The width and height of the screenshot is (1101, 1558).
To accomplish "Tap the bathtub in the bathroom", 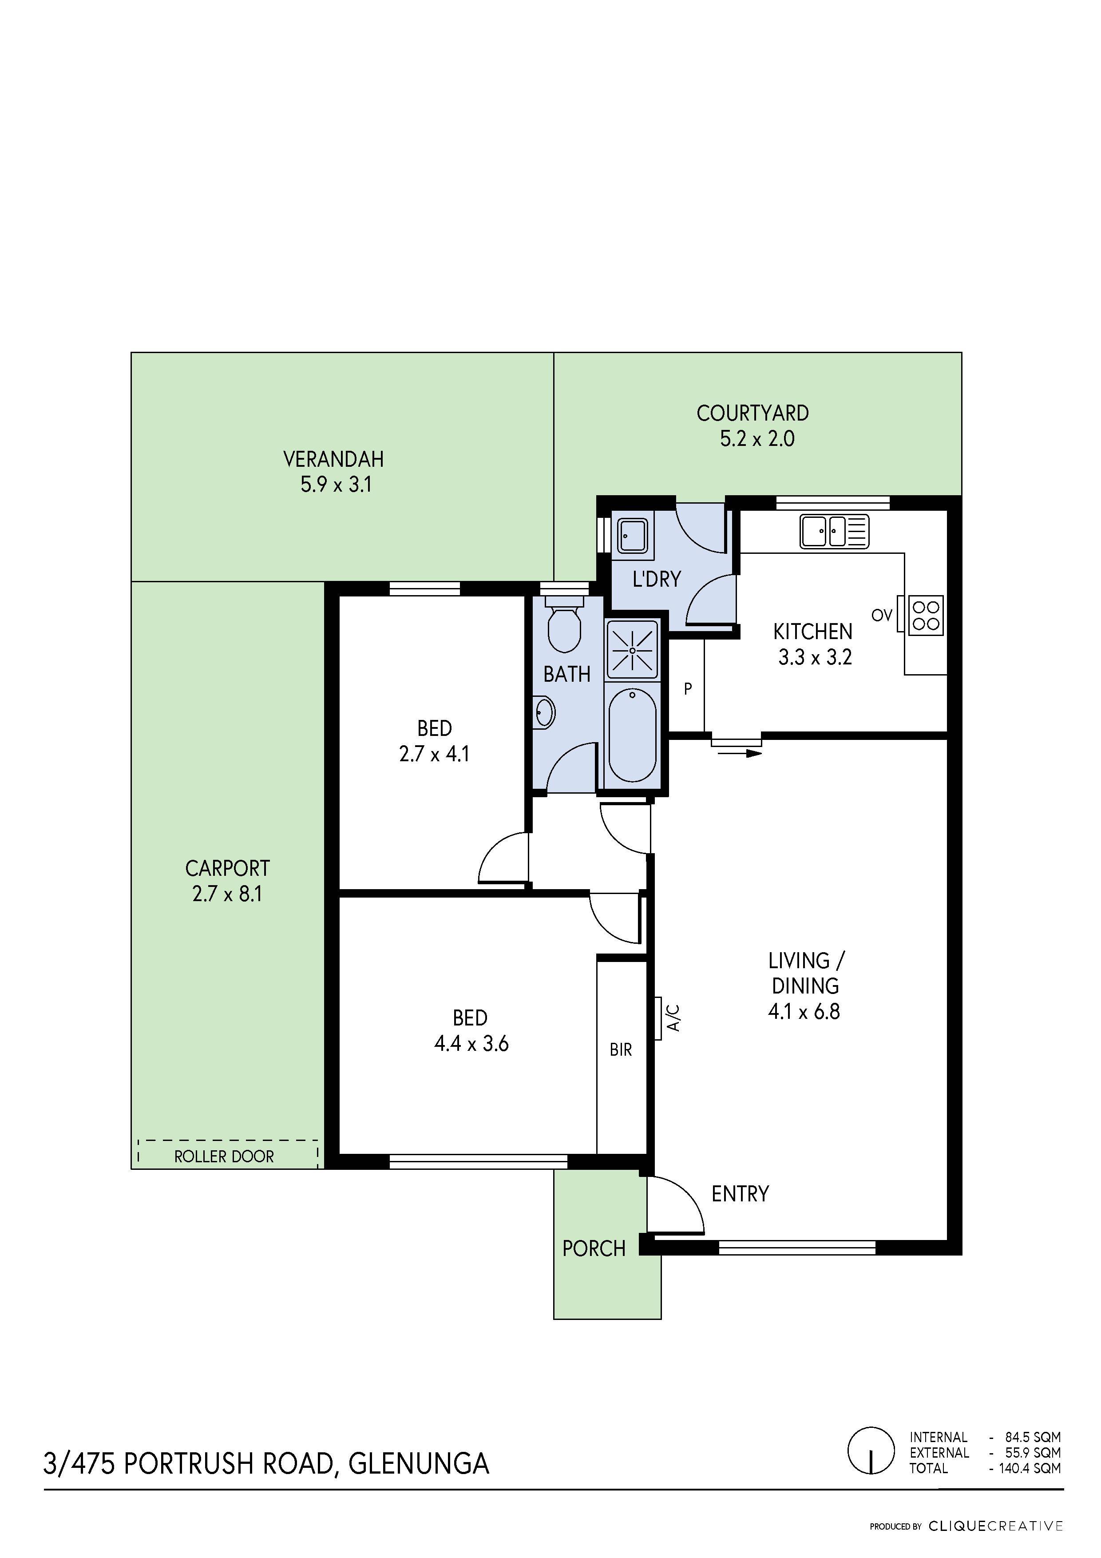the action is (x=632, y=735).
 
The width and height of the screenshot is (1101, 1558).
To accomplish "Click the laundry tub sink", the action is (x=632, y=535).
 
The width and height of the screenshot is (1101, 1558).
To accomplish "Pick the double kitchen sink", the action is (x=834, y=531).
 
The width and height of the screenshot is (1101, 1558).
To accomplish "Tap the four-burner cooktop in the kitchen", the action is (x=925, y=616).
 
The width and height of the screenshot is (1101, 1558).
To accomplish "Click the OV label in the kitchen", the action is (x=882, y=616).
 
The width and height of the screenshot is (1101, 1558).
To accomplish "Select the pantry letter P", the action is (x=688, y=689).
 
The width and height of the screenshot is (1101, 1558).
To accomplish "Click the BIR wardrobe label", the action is (x=621, y=1050).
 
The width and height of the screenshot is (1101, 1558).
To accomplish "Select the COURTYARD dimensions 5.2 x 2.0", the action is (x=757, y=439).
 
